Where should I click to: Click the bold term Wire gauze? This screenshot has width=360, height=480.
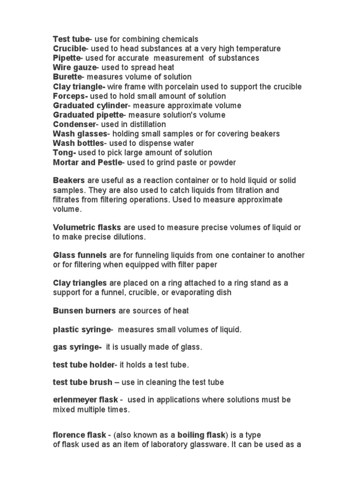pos(74,67)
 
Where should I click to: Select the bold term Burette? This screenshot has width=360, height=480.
pos(67,77)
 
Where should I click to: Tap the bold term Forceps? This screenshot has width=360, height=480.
pos(70,96)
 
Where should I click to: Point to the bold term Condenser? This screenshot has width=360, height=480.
pos(74,124)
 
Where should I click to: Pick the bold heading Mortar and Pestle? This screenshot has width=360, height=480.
pos(87,162)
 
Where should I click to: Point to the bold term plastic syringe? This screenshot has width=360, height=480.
pos(81,330)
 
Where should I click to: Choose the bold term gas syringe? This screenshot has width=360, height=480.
pos(76,347)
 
